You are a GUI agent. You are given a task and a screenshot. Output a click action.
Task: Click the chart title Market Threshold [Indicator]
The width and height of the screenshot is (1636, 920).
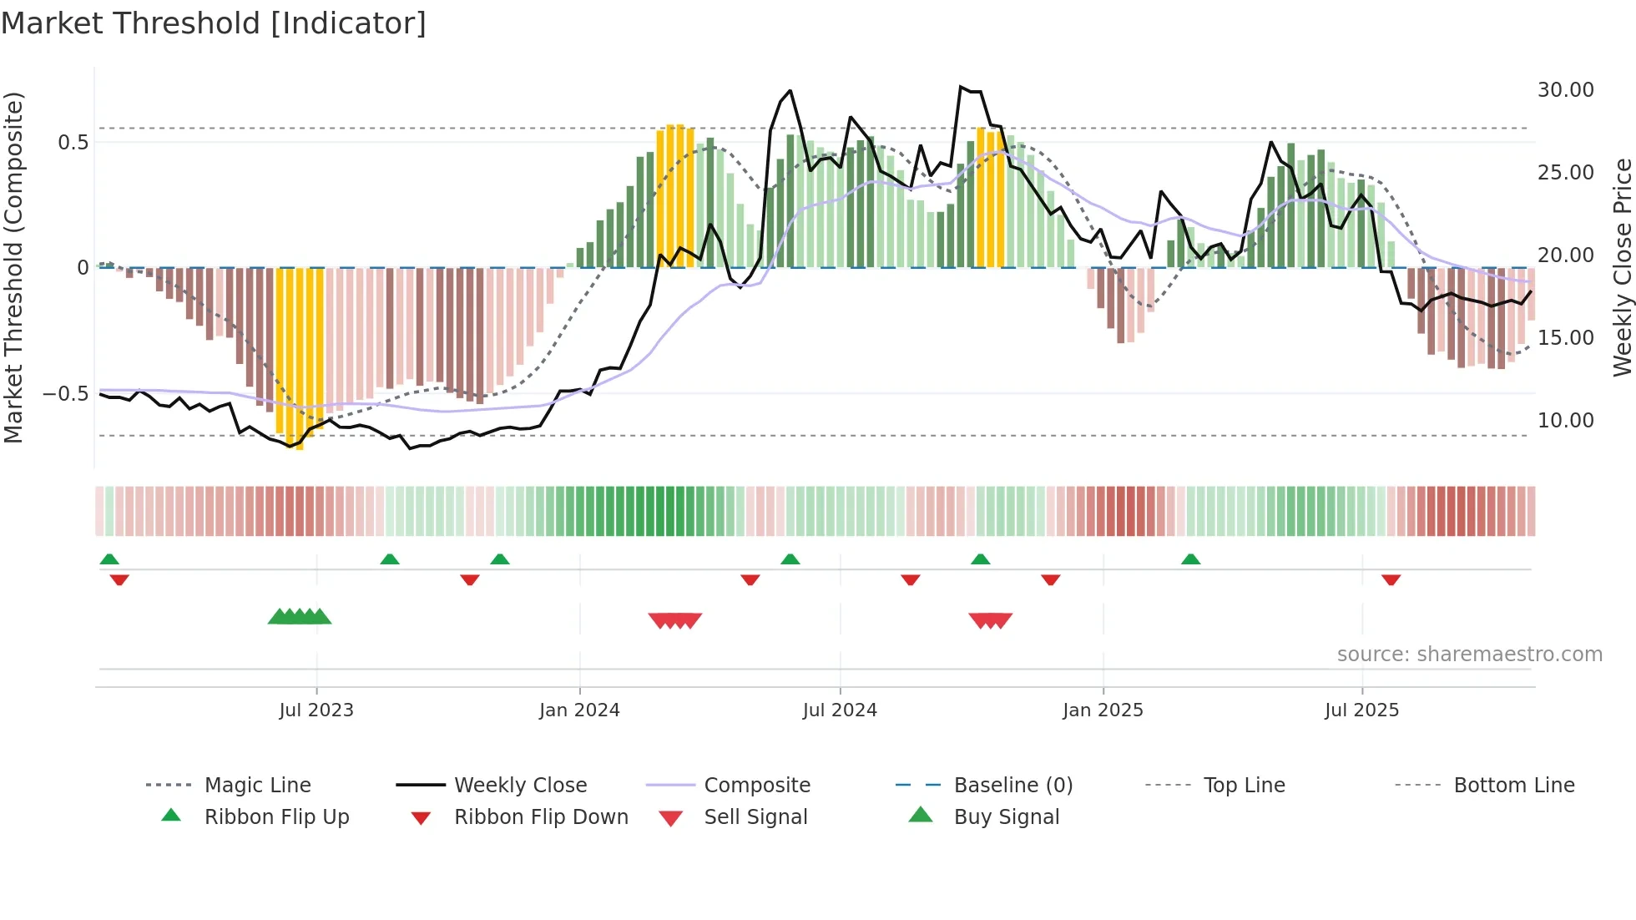point(214,23)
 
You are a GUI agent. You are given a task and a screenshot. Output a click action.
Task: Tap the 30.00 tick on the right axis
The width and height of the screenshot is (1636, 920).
point(1565,90)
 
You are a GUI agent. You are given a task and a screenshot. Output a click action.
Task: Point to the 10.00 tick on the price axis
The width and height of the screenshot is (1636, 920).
point(1565,421)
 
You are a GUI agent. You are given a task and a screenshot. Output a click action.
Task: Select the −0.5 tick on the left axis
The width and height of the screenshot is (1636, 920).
point(65,394)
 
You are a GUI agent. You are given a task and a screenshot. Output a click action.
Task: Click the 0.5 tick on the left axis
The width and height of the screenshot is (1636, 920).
point(73,143)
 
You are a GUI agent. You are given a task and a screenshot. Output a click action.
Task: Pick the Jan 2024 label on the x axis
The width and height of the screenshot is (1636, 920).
point(579,710)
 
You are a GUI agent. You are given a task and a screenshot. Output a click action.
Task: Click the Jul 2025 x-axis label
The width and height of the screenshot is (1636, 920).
point(1361,710)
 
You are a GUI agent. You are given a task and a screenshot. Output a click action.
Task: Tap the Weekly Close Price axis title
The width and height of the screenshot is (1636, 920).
point(1622,267)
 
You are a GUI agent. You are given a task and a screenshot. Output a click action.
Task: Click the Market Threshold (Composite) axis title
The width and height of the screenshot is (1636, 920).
point(13,267)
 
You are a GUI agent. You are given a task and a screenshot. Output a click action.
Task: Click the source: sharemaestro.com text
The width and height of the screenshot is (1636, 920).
point(1469,655)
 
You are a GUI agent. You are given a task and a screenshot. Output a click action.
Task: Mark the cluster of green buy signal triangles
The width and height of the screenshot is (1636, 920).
point(300,617)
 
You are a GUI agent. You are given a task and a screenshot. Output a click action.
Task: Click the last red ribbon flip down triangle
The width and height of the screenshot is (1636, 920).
point(1391,579)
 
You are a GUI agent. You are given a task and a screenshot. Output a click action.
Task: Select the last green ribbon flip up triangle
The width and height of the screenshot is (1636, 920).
point(1190,559)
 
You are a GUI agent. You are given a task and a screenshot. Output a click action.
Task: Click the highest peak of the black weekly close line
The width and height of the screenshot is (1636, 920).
point(962,86)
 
